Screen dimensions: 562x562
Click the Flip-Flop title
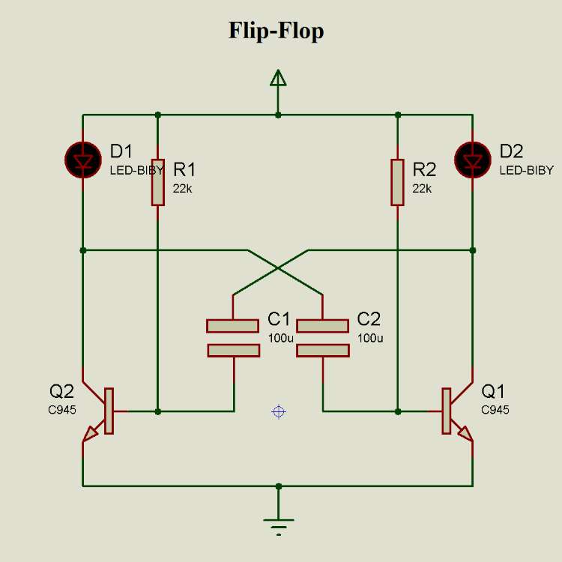click(x=276, y=31)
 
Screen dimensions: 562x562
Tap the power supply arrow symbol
click(x=278, y=79)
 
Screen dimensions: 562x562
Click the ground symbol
click(x=278, y=525)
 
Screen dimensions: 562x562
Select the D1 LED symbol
click(x=82, y=159)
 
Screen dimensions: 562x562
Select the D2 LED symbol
click(x=472, y=159)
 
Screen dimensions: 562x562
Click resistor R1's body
click(x=157, y=181)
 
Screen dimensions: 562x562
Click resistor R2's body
click(x=398, y=181)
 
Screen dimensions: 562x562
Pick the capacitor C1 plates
click(x=233, y=338)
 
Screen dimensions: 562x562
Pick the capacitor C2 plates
click(x=323, y=338)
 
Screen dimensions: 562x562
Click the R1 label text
click(x=185, y=169)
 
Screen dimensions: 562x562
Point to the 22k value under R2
click(x=422, y=189)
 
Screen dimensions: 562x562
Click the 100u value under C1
click(x=281, y=338)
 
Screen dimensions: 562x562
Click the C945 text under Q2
click(x=63, y=410)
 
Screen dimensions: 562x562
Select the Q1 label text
click(x=493, y=391)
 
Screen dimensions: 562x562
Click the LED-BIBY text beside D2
click(x=527, y=171)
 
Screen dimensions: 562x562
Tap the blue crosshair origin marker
click(x=279, y=411)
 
